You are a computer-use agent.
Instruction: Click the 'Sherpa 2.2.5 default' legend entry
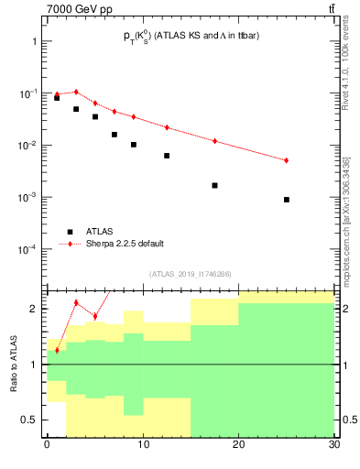click(x=128, y=244)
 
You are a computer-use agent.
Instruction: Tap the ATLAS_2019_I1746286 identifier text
click(x=190, y=273)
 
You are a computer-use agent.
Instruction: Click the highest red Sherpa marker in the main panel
click(x=76, y=92)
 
